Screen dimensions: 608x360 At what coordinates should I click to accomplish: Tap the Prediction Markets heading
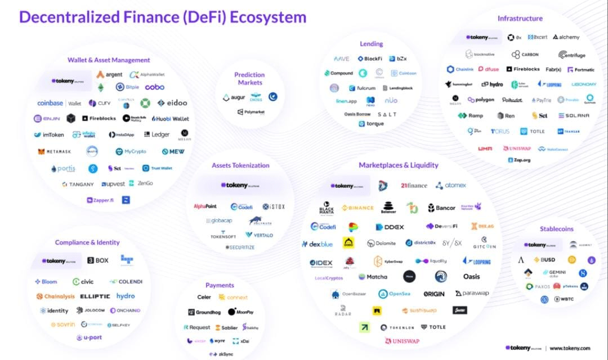point(249,79)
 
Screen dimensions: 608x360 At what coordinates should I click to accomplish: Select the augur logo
point(235,98)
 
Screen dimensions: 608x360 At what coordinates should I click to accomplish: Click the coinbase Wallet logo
point(59,103)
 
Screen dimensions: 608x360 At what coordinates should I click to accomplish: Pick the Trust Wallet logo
point(157,168)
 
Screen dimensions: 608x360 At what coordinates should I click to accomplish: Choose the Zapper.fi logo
point(100,200)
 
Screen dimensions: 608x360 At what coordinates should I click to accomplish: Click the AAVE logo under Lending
point(342,58)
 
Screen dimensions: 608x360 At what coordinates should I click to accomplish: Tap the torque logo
point(372,124)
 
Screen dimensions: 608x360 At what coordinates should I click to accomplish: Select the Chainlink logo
point(460,70)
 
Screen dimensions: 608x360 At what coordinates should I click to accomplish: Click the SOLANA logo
point(574,116)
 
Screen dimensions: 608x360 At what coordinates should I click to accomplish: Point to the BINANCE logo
point(357,208)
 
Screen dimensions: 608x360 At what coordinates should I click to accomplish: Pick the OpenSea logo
point(395,294)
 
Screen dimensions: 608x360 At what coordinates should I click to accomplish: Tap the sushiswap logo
point(419,310)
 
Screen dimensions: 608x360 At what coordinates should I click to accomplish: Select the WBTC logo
point(564,299)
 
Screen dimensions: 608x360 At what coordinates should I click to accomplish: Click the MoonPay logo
point(241,312)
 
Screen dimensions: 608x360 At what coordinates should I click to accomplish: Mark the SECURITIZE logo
point(240,247)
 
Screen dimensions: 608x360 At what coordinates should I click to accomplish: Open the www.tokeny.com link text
point(570,348)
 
